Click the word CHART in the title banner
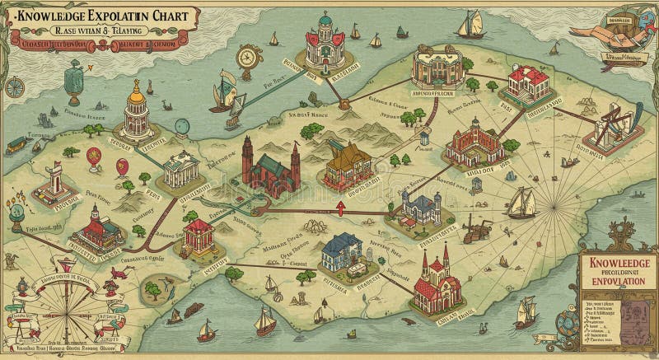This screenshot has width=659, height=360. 170,16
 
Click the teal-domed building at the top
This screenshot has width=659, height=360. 325,41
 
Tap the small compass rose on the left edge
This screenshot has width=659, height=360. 15,86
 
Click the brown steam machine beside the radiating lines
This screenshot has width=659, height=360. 473,230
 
